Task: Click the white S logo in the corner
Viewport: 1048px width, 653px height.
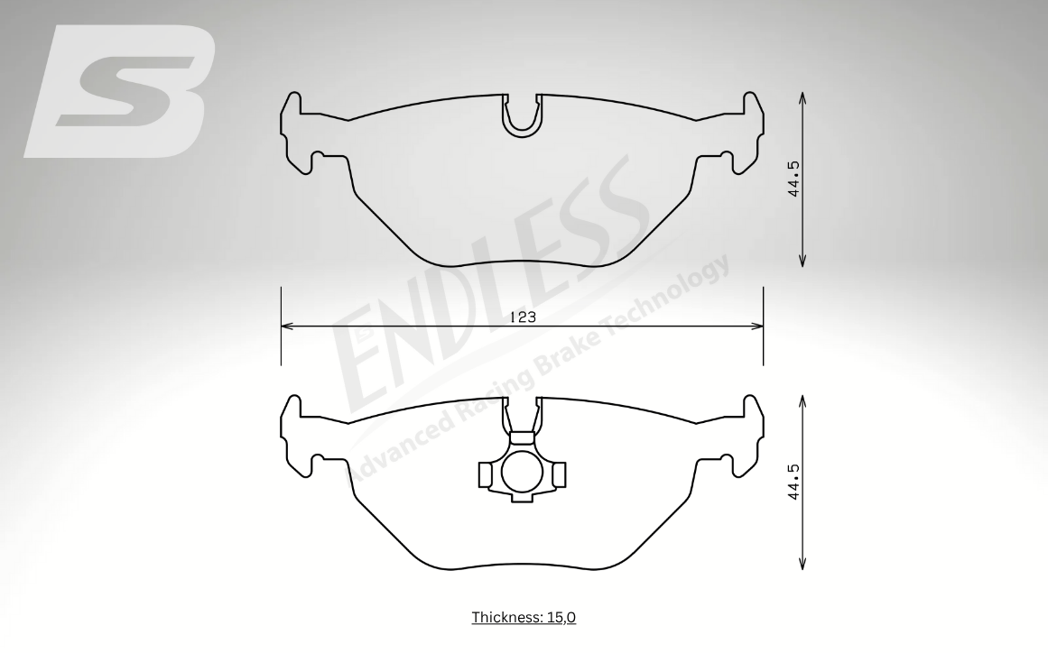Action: (120, 91)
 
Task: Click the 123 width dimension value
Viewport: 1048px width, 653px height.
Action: (523, 317)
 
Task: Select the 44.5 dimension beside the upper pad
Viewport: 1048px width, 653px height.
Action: (794, 179)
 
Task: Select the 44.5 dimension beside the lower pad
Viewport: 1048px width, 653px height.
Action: (794, 482)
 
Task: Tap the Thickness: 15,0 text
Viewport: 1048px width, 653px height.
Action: (524, 617)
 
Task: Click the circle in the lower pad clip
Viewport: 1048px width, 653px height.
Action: (522, 472)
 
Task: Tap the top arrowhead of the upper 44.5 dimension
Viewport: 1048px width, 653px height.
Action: (802, 98)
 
